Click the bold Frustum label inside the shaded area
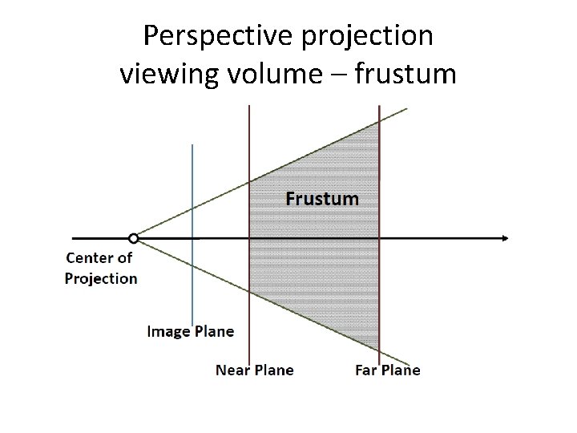click(322, 198)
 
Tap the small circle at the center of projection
click(134, 238)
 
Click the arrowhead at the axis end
click(504, 238)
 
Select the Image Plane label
click(191, 331)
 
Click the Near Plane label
click(255, 370)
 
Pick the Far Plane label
click(388, 370)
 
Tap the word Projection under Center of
click(101, 278)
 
